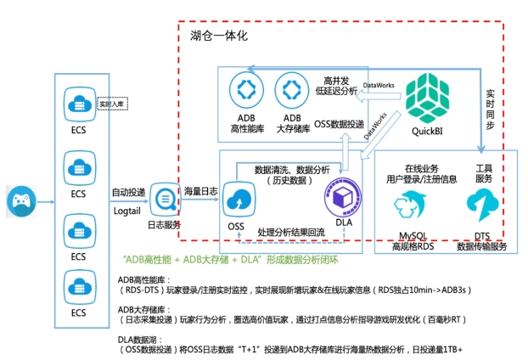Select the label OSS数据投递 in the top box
click(x=339, y=124)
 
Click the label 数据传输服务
click(x=481, y=246)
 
